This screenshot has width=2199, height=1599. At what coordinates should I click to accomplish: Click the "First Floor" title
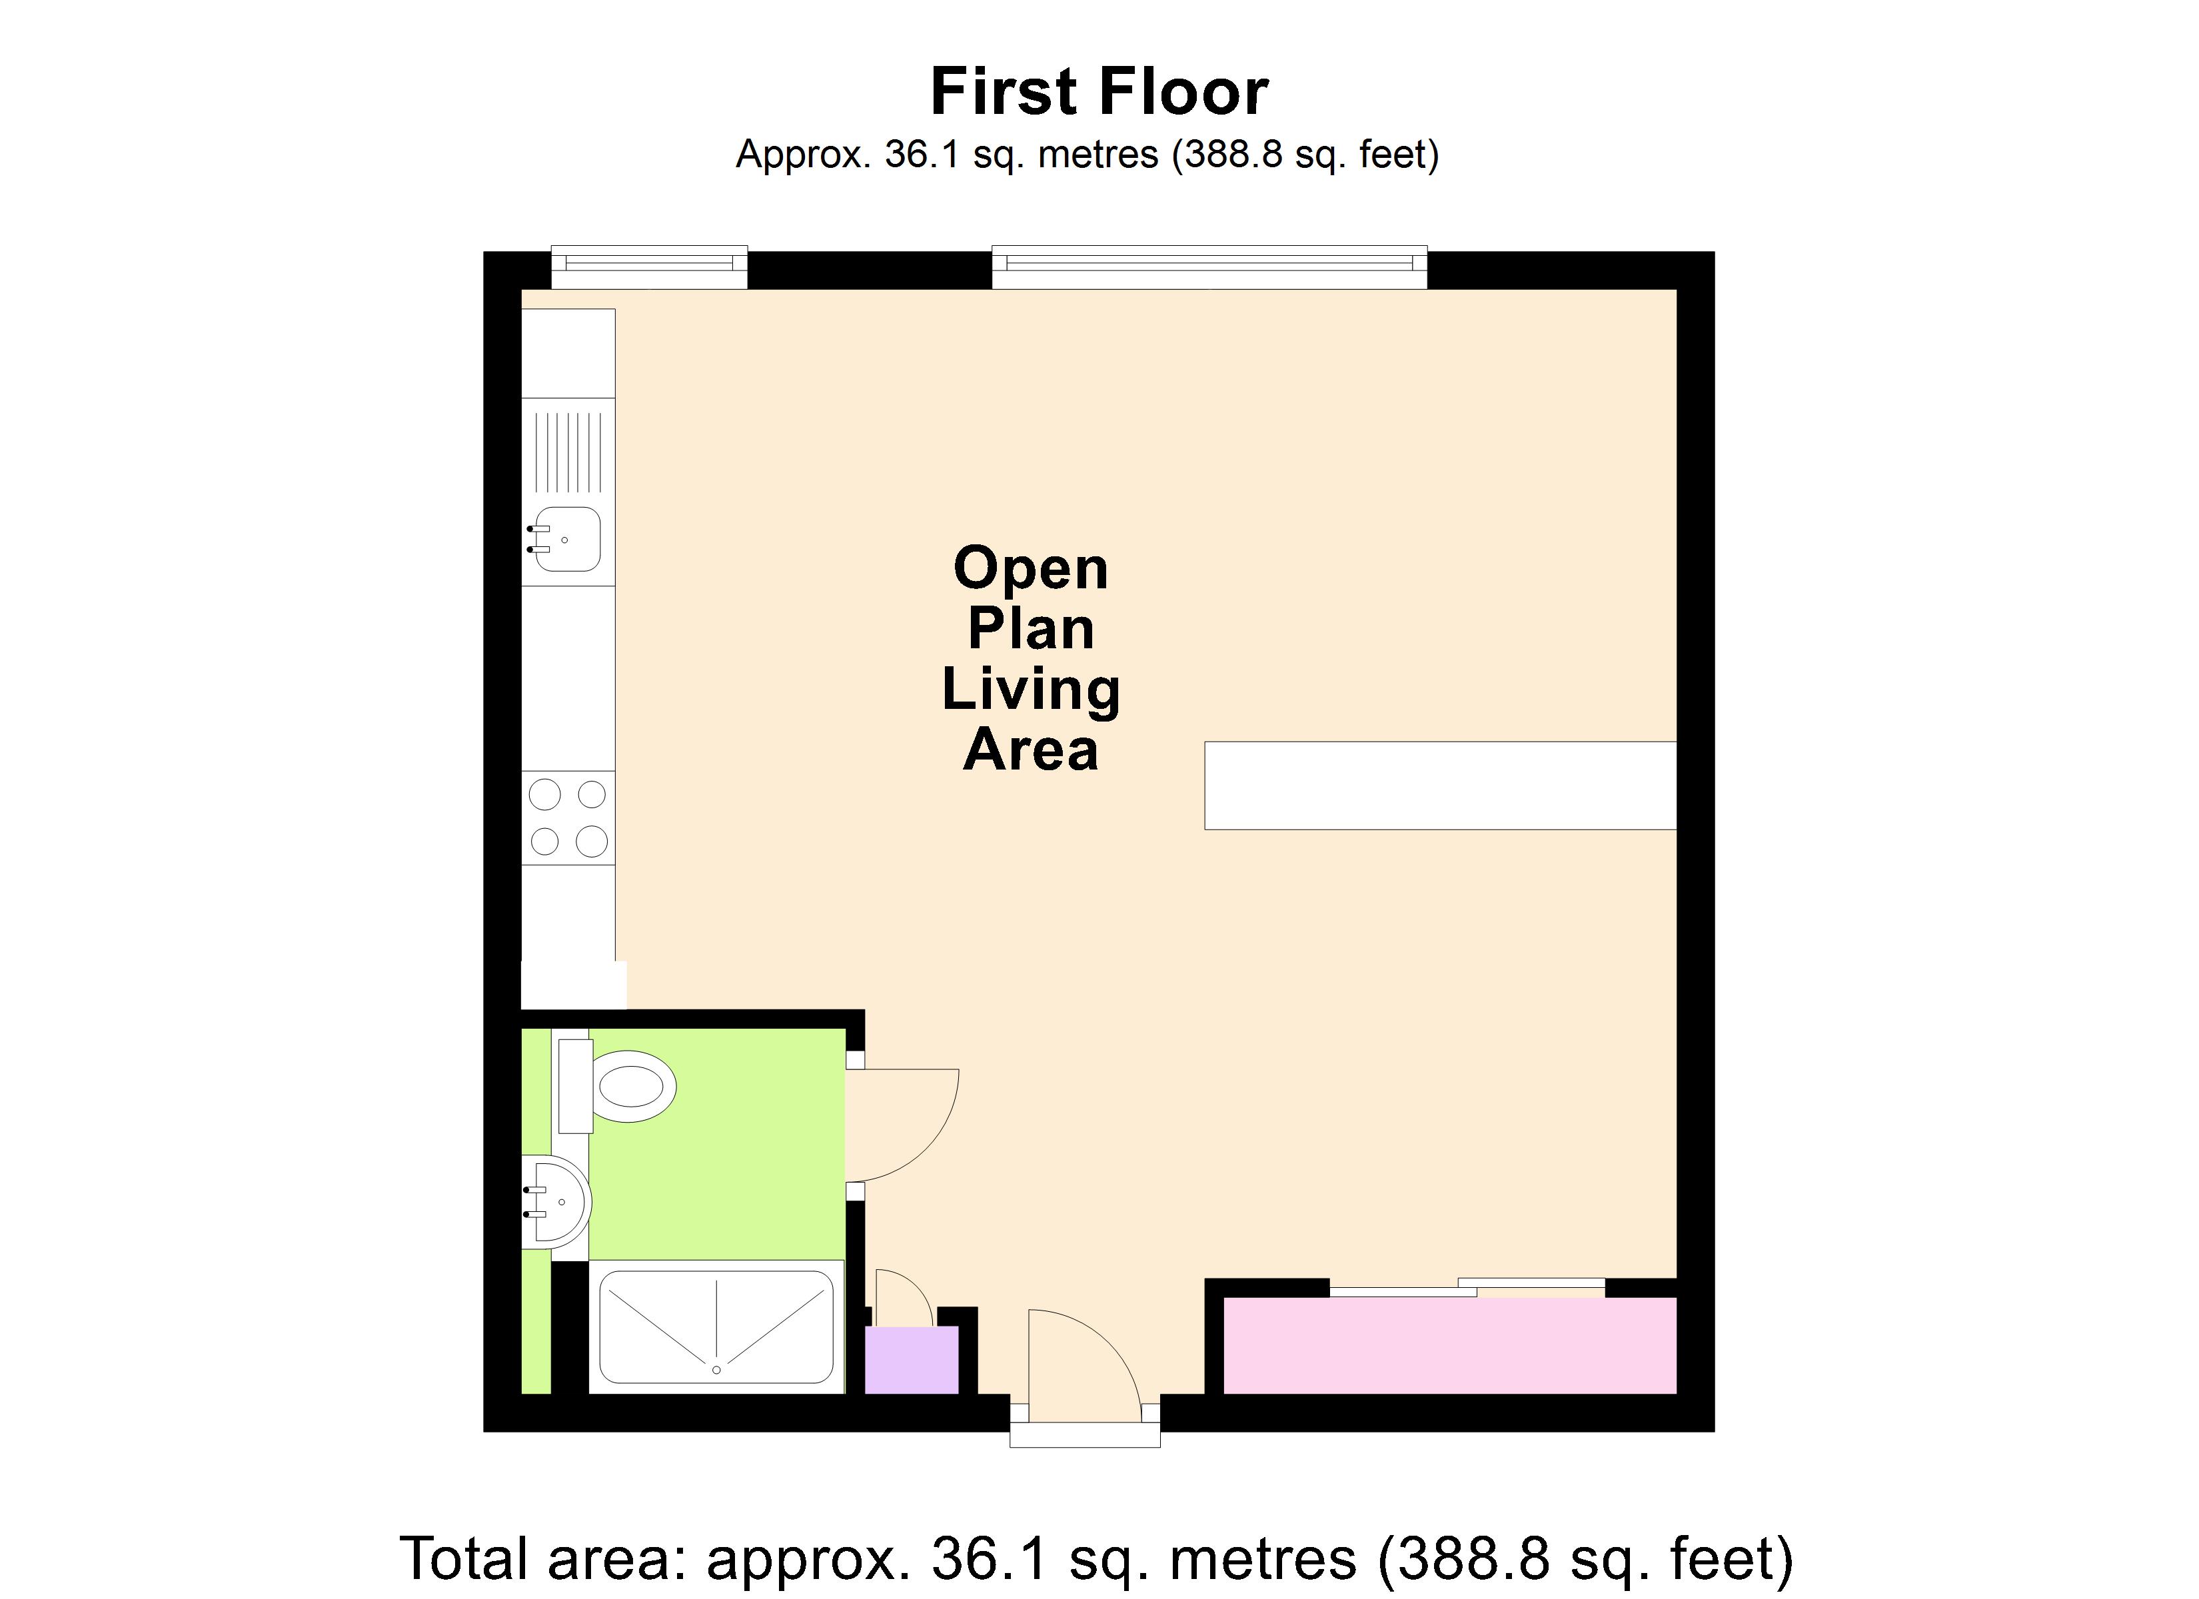point(1099,92)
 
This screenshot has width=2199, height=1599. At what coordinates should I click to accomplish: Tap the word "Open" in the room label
point(1031,568)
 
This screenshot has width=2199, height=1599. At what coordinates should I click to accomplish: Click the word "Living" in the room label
point(1031,690)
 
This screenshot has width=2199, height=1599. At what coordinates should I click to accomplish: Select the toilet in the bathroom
point(616,1086)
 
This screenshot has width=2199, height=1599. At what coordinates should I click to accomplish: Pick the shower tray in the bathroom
point(716,1327)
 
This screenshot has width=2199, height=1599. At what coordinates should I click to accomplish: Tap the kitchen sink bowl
point(566,539)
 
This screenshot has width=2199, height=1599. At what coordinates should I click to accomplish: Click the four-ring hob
point(568,817)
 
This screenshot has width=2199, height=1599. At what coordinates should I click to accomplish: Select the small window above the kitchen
point(650,268)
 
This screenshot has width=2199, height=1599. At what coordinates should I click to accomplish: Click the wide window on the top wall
point(1209,268)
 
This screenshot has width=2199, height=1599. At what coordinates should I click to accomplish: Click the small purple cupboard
point(912,1360)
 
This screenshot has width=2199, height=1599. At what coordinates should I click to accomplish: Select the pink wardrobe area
point(1449,1346)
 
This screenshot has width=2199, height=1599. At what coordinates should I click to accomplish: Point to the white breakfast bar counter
point(1440,786)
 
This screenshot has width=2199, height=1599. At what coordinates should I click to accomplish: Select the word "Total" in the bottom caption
point(464,1559)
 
